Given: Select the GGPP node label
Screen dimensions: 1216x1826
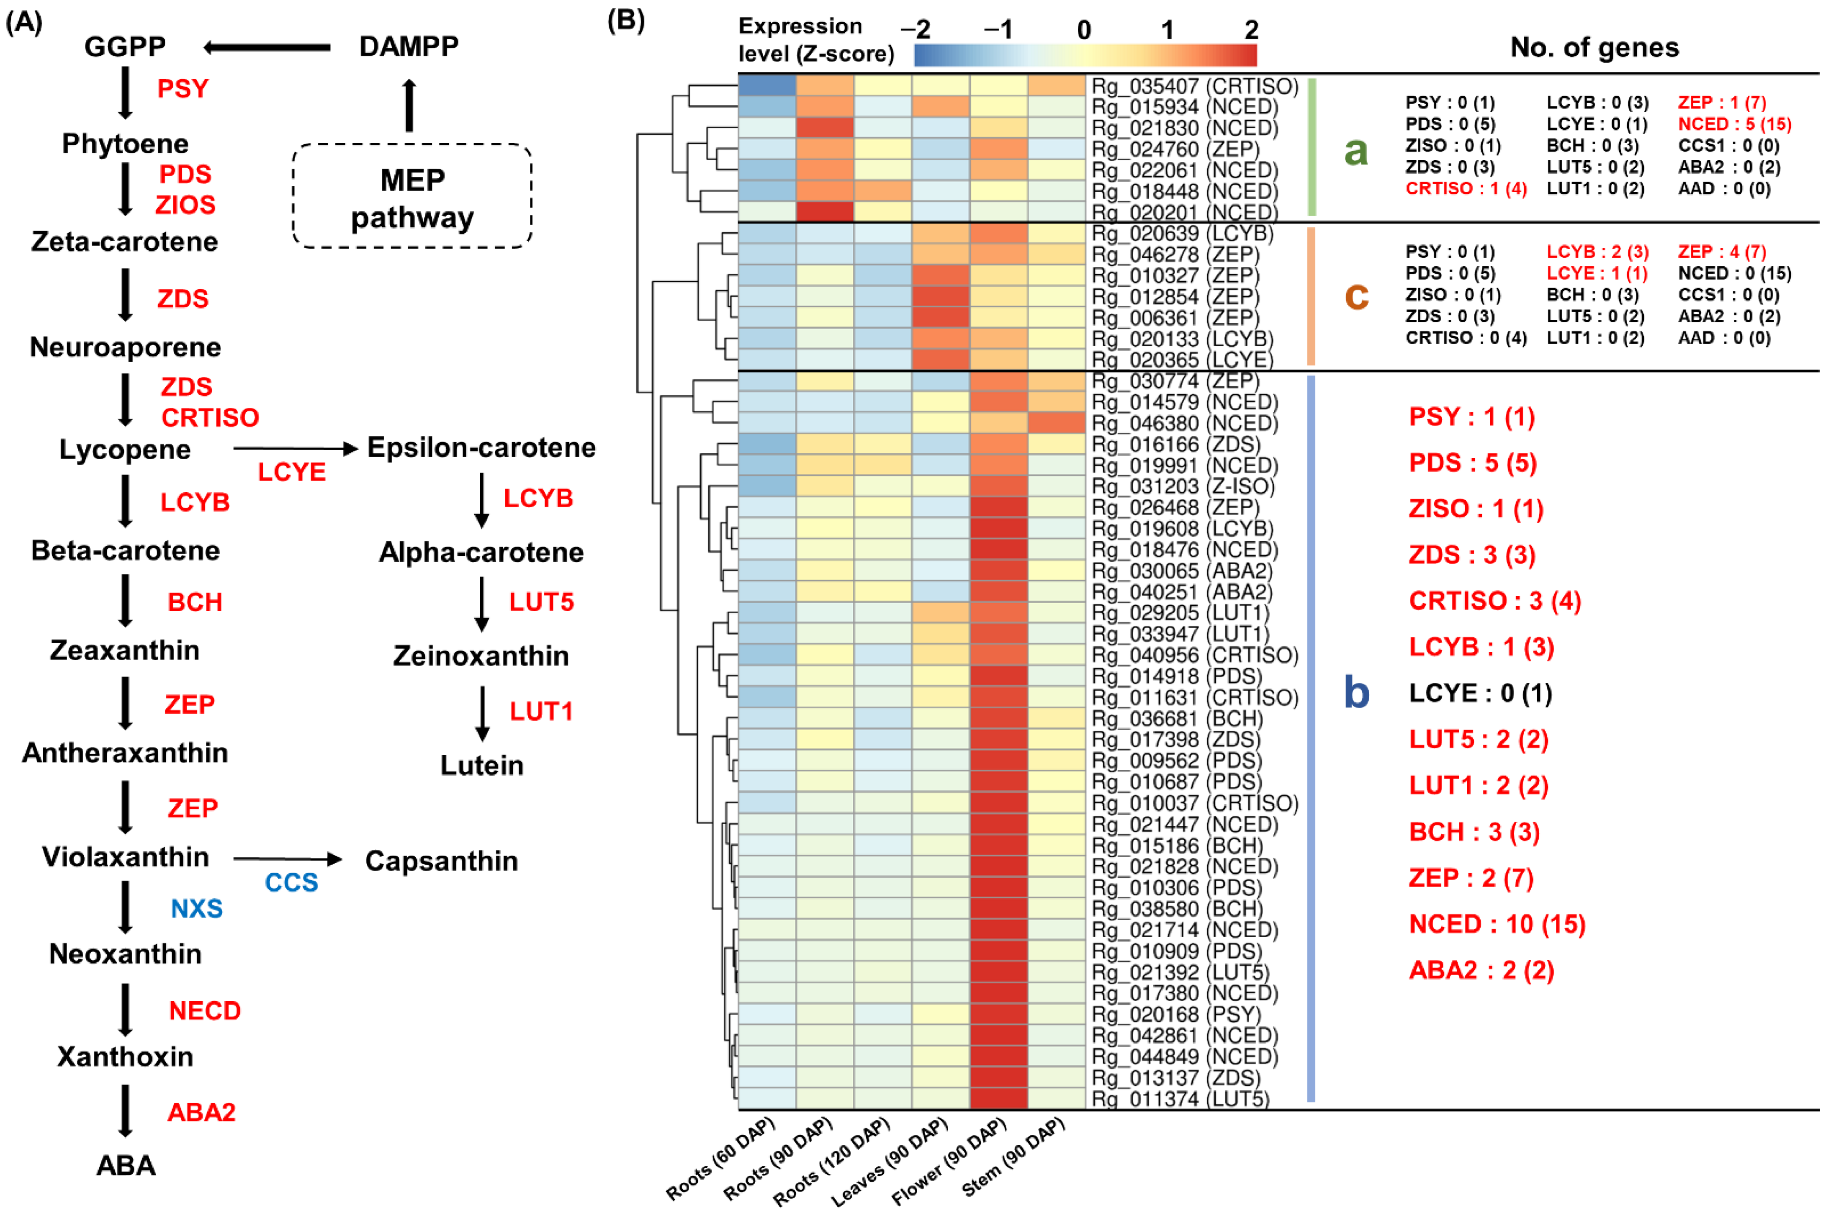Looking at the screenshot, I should click(125, 46).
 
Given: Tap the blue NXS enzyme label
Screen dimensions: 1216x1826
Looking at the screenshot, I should click(196, 908).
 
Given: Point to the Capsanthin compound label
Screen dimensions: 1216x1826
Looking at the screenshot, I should click(441, 861).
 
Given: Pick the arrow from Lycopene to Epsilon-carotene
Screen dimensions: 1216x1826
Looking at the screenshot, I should click(295, 448).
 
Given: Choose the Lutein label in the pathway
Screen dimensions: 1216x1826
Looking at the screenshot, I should click(481, 766).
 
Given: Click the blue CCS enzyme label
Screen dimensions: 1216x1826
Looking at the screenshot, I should click(291, 882).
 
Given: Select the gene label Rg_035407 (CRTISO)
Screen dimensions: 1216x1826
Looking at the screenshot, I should click(1194, 86).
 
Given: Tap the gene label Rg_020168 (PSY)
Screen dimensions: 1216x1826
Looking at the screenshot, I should click(1176, 1014).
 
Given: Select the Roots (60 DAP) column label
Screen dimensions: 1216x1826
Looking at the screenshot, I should click(721, 1161).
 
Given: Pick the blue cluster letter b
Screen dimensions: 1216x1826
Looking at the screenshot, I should click(1356, 692).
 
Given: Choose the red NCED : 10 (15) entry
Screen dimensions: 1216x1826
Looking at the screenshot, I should click(1497, 924).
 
